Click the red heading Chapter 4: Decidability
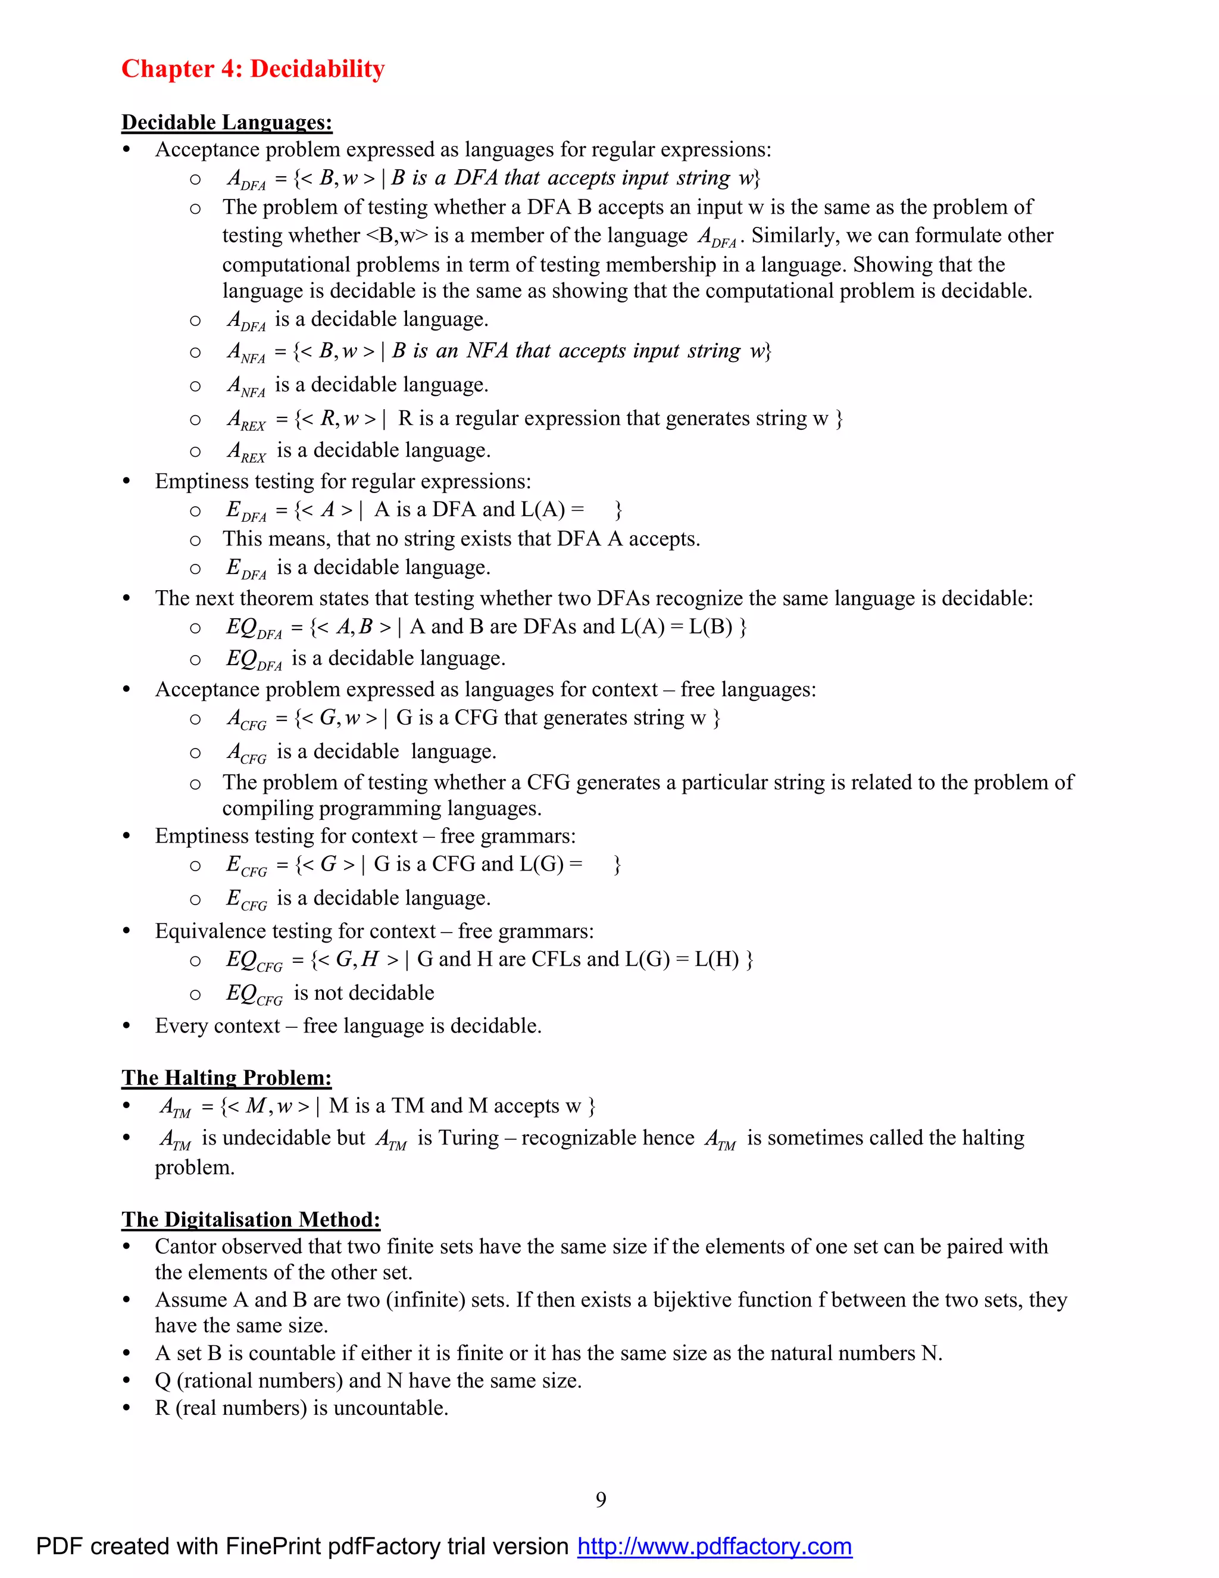253,68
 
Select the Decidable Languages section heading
227,122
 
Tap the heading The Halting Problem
227,1077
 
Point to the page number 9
601,1499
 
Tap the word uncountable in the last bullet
390,1408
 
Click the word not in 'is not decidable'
328,993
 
